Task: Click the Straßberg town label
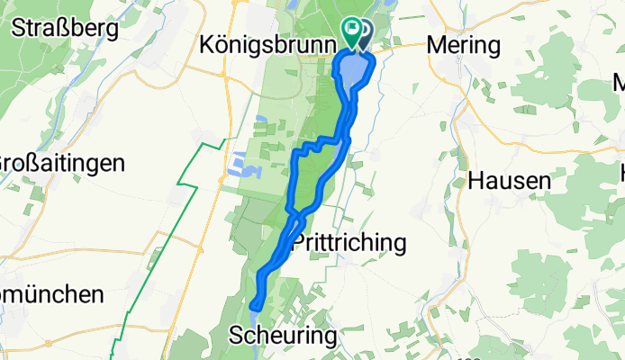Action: (65, 28)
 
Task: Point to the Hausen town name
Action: (510, 181)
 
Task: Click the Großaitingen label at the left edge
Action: (60, 163)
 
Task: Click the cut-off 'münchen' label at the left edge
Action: (52, 294)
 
